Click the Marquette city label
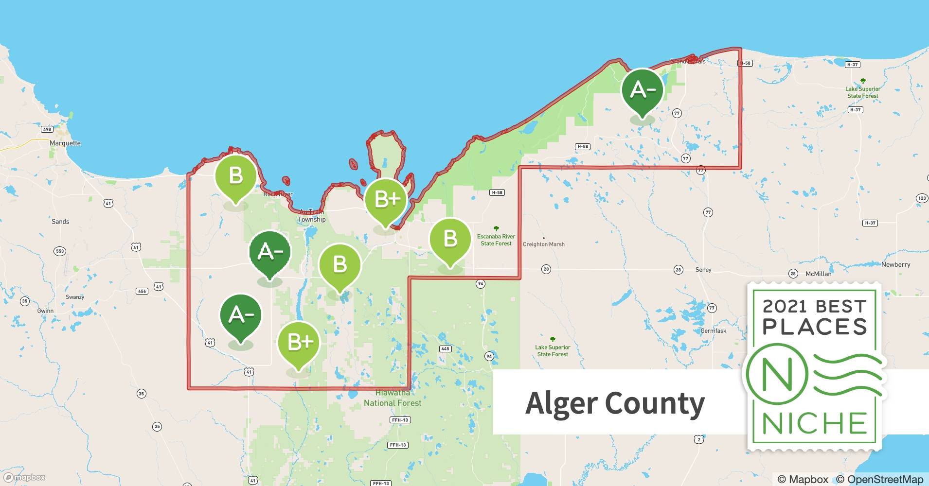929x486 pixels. (65, 143)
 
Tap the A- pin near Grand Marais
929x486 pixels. (642, 90)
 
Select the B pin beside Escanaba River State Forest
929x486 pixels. (450, 239)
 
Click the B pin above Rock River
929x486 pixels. (235, 176)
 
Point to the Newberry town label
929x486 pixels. (895, 265)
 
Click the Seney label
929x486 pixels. (703, 270)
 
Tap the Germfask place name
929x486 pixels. (713, 331)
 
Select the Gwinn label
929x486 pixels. (45, 311)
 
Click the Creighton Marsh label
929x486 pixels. (543, 244)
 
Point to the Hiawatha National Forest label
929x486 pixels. (393, 398)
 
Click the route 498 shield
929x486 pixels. (47, 129)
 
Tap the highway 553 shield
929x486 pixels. (59, 251)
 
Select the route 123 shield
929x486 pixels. (921, 198)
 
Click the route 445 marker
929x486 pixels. (445, 349)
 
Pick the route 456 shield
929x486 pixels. (142, 291)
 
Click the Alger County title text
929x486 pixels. (615, 403)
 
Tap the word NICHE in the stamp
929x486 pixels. (815, 423)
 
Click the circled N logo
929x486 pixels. (777, 375)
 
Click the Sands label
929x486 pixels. (60, 222)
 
